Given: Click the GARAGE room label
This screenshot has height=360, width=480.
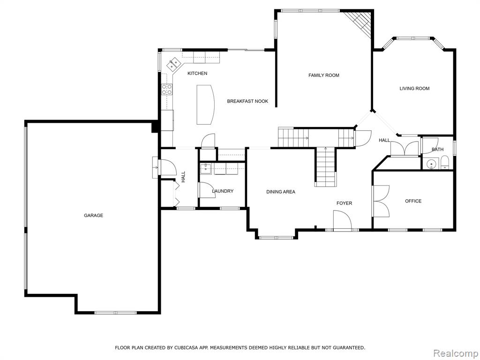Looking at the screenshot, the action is pyautogui.click(x=93, y=216).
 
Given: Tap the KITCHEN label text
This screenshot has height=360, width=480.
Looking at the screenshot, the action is pyautogui.click(x=197, y=74).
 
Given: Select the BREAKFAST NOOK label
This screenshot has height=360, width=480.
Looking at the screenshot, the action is pyautogui.click(x=247, y=101).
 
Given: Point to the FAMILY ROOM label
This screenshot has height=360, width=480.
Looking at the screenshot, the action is pyautogui.click(x=323, y=75).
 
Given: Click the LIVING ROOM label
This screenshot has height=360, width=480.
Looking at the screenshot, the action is pyautogui.click(x=414, y=89).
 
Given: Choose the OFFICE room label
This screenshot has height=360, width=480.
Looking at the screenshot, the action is pyautogui.click(x=413, y=201).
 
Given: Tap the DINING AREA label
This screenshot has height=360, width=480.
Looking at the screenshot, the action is pyautogui.click(x=281, y=192).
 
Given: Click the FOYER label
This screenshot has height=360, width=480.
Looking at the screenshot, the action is pyautogui.click(x=345, y=203).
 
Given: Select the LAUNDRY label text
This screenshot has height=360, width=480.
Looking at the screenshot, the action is pyautogui.click(x=223, y=191).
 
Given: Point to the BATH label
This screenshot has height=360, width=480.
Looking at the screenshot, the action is pyautogui.click(x=437, y=150).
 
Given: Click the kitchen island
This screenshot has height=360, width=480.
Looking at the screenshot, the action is pyautogui.click(x=205, y=105).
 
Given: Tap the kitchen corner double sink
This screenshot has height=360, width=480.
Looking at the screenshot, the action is pyautogui.click(x=173, y=64).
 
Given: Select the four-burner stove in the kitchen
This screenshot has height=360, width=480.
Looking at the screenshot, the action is pyautogui.click(x=167, y=90).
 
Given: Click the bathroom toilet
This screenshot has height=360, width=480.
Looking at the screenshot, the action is pyautogui.click(x=444, y=163).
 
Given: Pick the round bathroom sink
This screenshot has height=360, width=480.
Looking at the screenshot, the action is pyautogui.click(x=431, y=164).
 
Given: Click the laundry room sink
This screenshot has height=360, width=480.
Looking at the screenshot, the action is pyautogui.click(x=206, y=168).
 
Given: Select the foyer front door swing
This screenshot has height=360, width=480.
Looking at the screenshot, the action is pyautogui.click(x=342, y=220).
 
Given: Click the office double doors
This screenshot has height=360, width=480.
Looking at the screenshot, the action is pyautogui.click(x=381, y=201).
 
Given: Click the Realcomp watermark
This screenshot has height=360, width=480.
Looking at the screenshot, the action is pyautogui.click(x=455, y=353).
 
